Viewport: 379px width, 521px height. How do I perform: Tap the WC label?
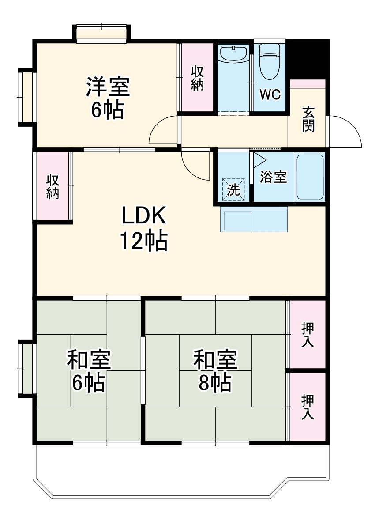(x=270, y=94)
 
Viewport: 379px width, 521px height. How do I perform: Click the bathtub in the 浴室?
(x=310, y=177)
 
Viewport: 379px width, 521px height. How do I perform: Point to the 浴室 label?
(x=273, y=177)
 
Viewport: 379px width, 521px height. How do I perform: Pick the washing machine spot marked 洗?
(x=233, y=189)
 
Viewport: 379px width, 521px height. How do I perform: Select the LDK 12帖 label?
(x=143, y=228)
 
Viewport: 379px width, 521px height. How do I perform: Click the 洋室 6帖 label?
(x=107, y=98)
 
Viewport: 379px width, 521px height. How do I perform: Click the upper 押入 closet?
(x=308, y=335)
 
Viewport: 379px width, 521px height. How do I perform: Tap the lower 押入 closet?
(x=308, y=407)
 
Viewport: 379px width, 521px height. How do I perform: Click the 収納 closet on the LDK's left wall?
(x=53, y=186)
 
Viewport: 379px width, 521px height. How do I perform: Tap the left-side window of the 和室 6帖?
(x=26, y=367)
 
